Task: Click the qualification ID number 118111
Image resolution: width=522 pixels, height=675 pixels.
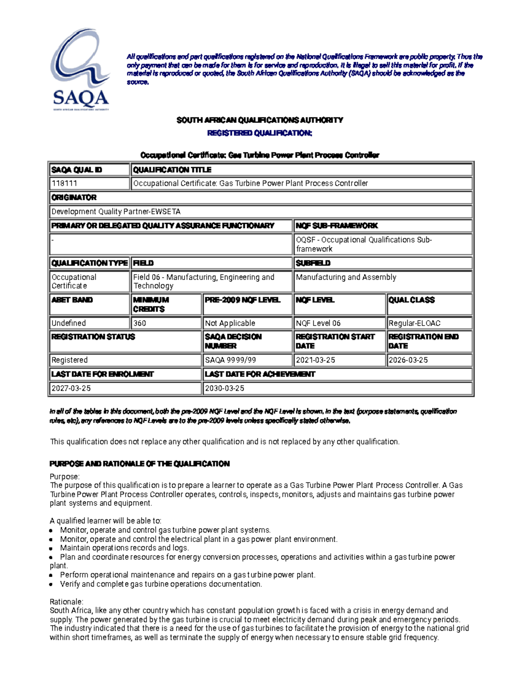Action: (x=64, y=183)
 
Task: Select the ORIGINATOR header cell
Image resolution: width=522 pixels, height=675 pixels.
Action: (x=74, y=197)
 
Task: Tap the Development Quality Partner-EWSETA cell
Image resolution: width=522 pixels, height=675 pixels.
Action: (x=116, y=212)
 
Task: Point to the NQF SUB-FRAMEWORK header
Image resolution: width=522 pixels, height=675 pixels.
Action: (x=337, y=226)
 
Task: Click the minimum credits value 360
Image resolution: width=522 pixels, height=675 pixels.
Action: (x=140, y=323)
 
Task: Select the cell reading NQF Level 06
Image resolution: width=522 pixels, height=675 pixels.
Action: (x=318, y=323)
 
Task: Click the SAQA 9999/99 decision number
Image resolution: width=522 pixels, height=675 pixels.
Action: (x=227, y=360)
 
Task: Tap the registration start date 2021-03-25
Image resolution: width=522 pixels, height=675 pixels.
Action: (x=315, y=360)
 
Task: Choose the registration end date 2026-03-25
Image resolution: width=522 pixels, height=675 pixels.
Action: (x=408, y=360)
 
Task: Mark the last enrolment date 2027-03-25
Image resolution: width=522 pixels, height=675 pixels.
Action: (x=71, y=388)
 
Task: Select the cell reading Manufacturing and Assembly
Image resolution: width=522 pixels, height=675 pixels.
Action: (x=346, y=277)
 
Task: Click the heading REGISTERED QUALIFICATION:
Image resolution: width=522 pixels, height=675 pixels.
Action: (x=260, y=133)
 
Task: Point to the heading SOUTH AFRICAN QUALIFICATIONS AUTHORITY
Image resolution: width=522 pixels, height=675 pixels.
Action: (x=260, y=120)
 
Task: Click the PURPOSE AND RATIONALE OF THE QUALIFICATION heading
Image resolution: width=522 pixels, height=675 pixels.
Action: (x=140, y=464)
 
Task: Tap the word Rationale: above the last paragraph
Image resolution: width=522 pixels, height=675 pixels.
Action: (x=66, y=602)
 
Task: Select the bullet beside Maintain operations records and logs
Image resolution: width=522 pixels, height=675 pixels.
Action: (x=51, y=548)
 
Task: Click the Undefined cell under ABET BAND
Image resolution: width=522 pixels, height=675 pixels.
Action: (x=69, y=323)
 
